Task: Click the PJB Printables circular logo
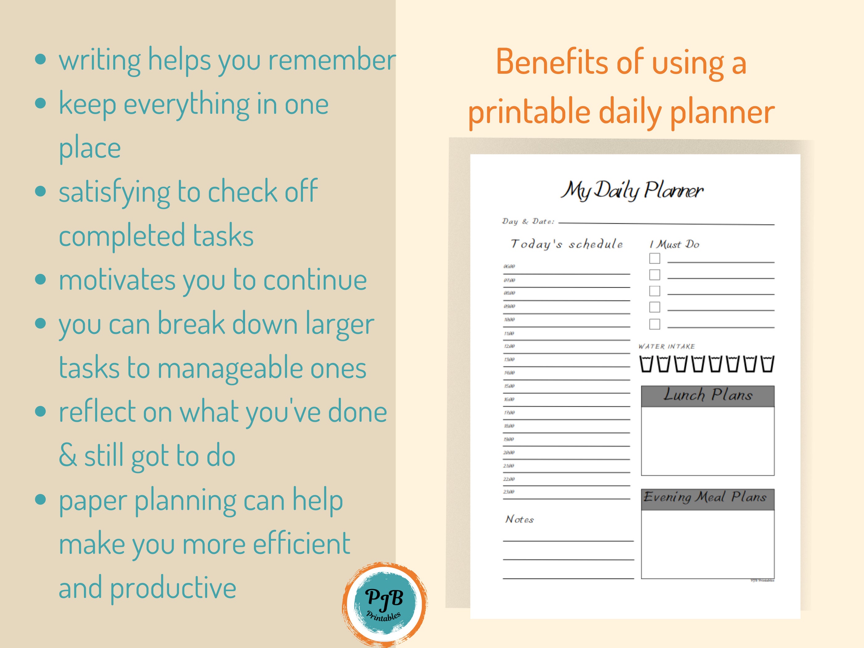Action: click(385, 604)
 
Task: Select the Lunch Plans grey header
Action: click(707, 396)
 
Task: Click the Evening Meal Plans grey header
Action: click(707, 499)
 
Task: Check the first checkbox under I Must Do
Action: click(655, 259)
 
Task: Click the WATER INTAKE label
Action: click(666, 347)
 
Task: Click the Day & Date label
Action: click(528, 222)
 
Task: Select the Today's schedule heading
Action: click(566, 244)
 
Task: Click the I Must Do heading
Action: click(674, 244)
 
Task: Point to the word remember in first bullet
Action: click(332, 61)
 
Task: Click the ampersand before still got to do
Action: click(68, 455)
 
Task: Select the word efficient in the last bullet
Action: click(301, 544)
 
